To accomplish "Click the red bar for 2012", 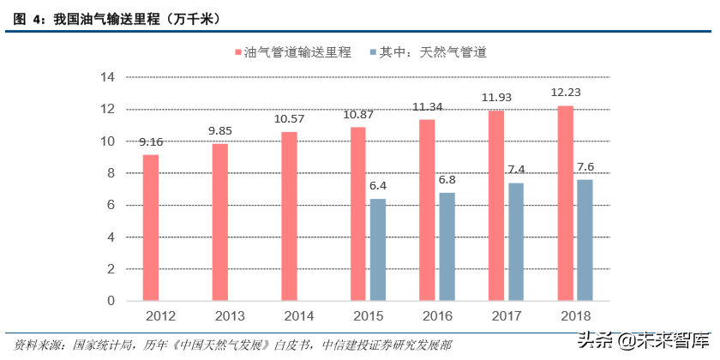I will [150, 227].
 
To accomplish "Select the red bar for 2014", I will [289, 216].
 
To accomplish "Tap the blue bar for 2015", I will [377, 249].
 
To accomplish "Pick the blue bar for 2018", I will [585, 240].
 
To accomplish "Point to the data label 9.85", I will [220, 130].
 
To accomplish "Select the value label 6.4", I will [377, 186].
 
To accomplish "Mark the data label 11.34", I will [428, 107].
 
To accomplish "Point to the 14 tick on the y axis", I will [107, 77].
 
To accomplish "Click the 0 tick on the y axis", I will [111, 301].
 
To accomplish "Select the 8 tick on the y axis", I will [111, 173].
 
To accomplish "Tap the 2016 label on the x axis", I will [437, 316].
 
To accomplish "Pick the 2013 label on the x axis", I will [230, 316].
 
